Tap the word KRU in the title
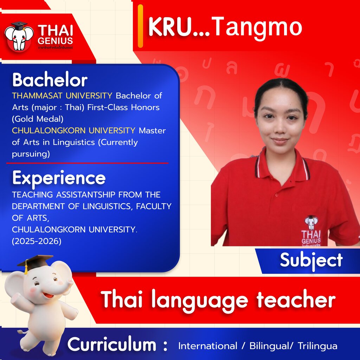click(x=170, y=27)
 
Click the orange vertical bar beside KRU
click(x=140, y=26)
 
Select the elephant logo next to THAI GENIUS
click(x=19, y=36)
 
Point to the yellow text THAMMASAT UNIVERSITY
click(x=62, y=96)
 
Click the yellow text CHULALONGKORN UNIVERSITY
click(x=73, y=130)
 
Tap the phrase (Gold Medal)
click(x=38, y=119)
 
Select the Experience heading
click(x=59, y=178)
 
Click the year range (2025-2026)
click(x=37, y=241)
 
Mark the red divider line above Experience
click(x=87, y=163)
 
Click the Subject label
click(x=311, y=261)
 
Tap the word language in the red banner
click(x=200, y=300)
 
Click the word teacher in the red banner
click(x=296, y=300)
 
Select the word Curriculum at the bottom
click(x=112, y=345)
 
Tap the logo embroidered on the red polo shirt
click(x=311, y=231)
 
